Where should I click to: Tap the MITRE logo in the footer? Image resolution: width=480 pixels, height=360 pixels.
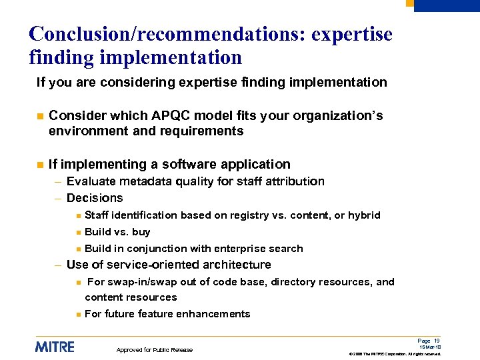tap(55, 347)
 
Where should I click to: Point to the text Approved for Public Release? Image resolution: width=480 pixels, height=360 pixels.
tap(155, 350)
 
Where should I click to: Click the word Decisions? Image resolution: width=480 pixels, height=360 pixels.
tap(95, 198)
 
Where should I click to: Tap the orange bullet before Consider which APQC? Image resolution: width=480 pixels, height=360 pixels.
tap(39, 116)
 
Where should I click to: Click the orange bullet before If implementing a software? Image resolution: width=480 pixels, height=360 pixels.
tap(39, 165)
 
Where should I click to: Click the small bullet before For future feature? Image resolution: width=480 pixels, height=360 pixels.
tap(78, 314)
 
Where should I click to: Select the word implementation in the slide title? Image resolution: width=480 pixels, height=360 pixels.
tap(170, 58)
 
